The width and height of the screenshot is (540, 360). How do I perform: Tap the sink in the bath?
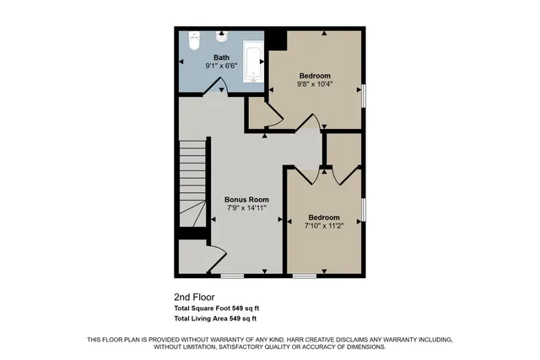click(222, 37)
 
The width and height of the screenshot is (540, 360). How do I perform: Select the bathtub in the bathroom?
click(253, 61)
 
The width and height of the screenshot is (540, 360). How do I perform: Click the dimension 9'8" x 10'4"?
click(313, 83)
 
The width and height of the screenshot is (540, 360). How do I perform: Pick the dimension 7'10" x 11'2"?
click(324, 225)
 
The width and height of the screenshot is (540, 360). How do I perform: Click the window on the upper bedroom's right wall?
click(364, 95)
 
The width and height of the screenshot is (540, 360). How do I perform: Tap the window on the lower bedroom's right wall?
click(364, 211)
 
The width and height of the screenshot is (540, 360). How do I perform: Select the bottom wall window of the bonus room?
click(232, 275)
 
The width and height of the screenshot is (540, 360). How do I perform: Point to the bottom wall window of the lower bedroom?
click(305, 275)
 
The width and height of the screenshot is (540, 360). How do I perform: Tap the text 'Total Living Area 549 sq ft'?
click(214, 319)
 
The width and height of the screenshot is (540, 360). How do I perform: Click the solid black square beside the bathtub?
click(275, 39)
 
